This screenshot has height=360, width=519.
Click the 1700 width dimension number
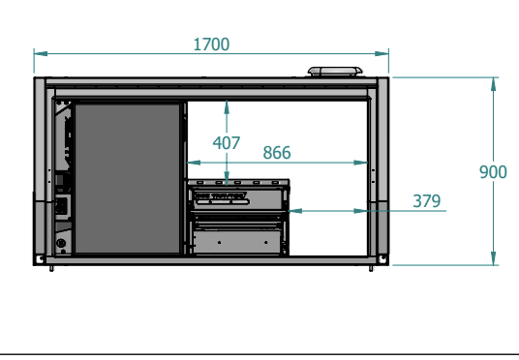(211, 45)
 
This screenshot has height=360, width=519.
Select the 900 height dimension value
(493, 172)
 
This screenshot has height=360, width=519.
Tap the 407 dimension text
(227, 143)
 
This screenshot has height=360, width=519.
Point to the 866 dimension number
(277, 153)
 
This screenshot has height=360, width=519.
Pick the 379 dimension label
(427, 201)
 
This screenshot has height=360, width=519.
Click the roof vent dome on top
(335, 72)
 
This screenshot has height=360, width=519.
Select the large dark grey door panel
(127, 178)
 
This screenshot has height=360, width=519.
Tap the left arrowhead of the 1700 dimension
(41, 53)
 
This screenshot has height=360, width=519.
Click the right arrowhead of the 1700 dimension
(382, 53)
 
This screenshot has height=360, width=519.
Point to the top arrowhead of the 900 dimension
(493, 84)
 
